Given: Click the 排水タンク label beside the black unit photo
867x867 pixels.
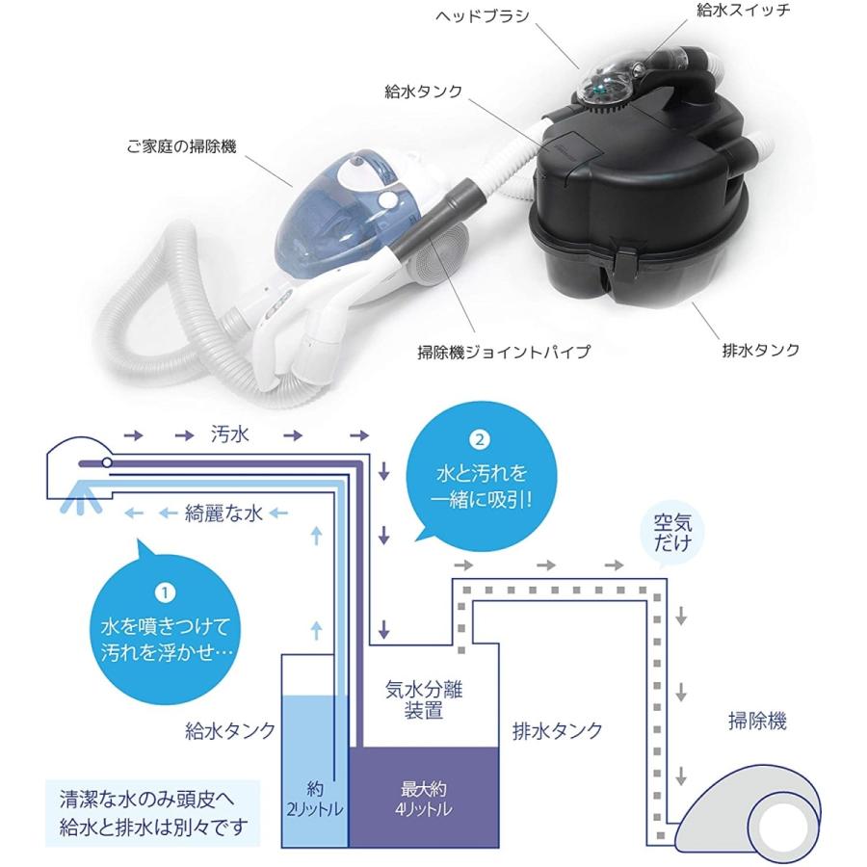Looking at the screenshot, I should pos(761,350).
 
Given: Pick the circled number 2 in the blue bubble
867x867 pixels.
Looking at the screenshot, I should pos(481,441).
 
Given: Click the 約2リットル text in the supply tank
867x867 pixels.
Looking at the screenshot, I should pos(312,799).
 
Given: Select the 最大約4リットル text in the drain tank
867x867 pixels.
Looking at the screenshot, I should pos(423,799).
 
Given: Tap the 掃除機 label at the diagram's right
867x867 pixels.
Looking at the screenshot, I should pos(756,721).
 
